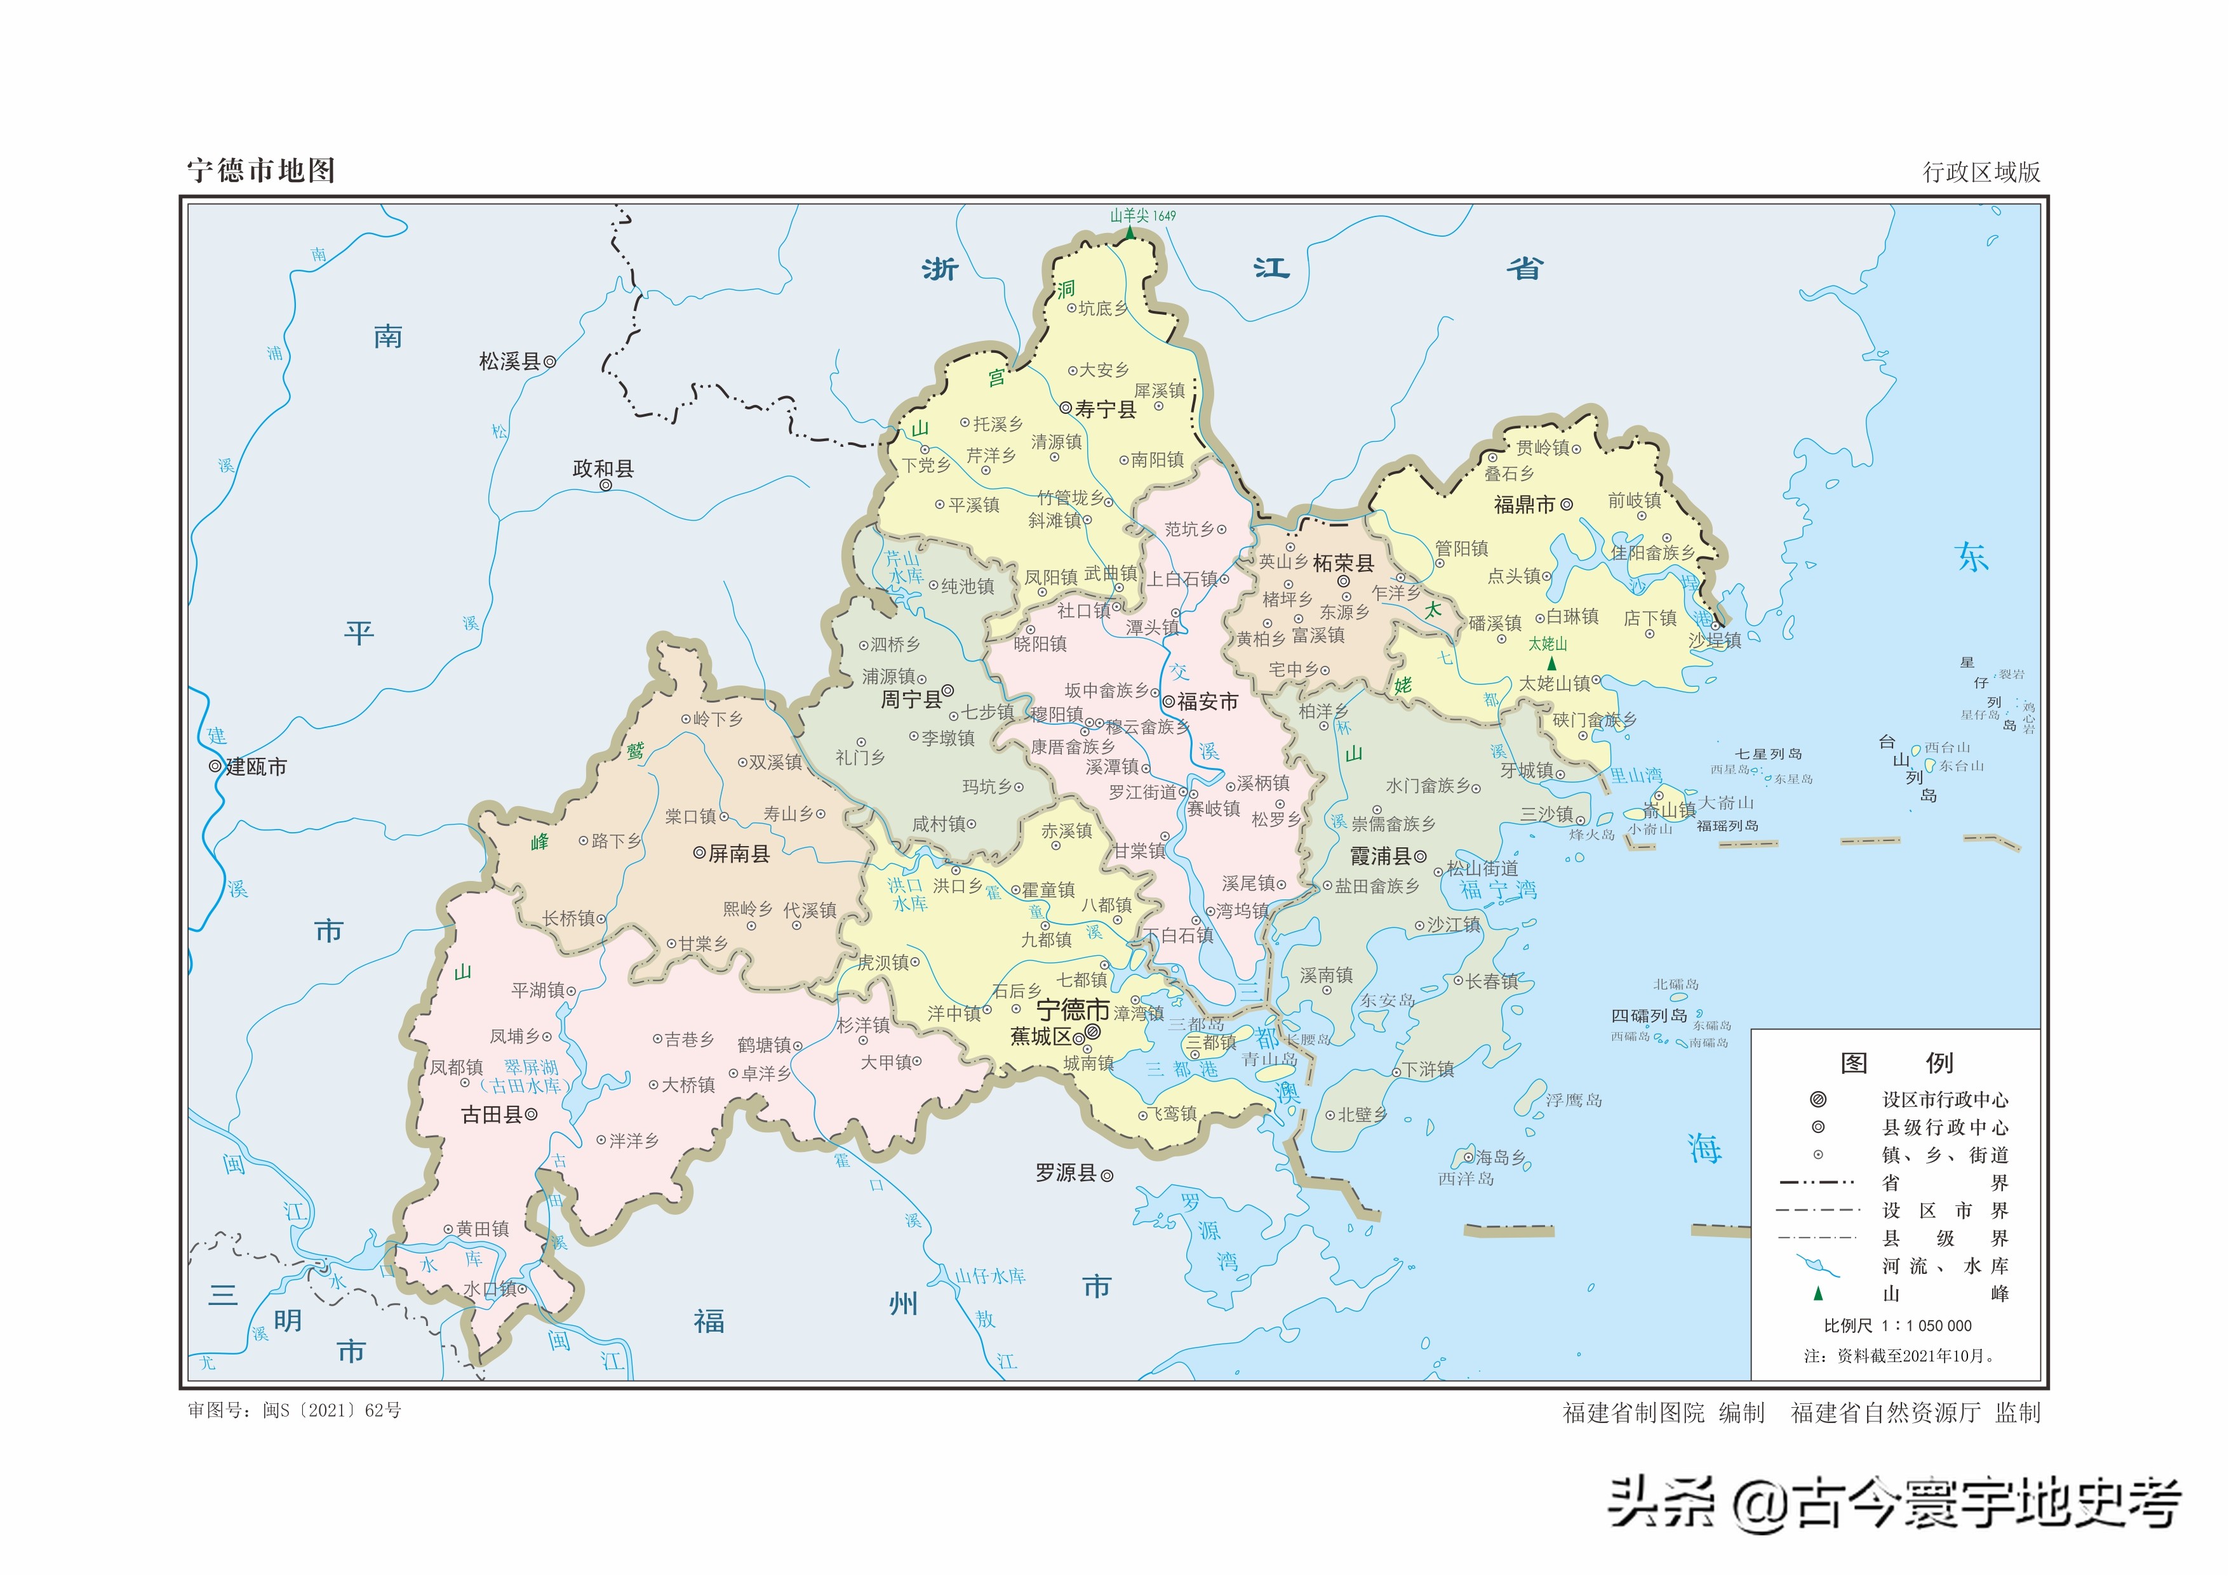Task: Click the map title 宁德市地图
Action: (x=261, y=171)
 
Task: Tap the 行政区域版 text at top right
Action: (x=1981, y=172)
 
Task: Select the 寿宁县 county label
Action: (x=1105, y=409)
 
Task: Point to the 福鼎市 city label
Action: (x=1524, y=505)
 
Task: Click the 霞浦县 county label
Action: (x=1381, y=856)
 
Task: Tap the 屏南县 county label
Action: (x=739, y=854)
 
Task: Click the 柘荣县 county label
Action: (x=1342, y=563)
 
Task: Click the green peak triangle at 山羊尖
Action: (x=1129, y=233)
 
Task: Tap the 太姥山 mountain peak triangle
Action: (x=1551, y=663)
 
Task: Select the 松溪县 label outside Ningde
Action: (x=509, y=362)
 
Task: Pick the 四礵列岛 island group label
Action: (x=1649, y=1016)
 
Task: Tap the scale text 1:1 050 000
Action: (x=1926, y=1326)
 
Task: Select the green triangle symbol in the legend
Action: (x=1818, y=1294)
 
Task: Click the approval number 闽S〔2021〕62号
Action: (x=331, y=1410)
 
